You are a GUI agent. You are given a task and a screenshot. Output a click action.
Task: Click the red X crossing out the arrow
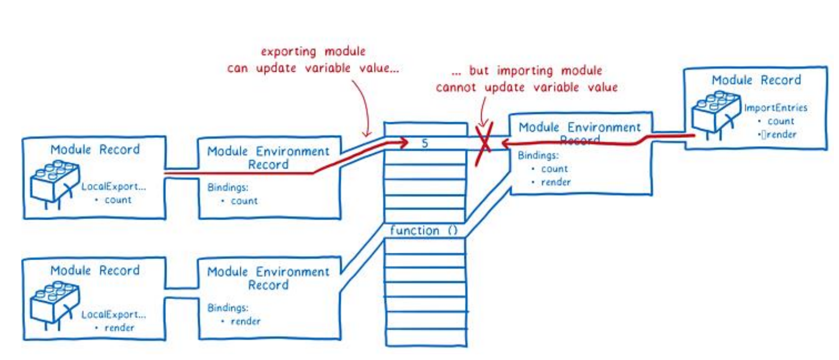[x=484, y=143]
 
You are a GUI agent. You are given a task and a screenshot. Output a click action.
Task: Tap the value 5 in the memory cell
[x=425, y=143]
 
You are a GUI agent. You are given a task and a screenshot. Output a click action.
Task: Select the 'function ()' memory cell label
[x=423, y=230]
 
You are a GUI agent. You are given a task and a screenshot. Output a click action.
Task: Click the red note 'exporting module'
[x=313, y=52]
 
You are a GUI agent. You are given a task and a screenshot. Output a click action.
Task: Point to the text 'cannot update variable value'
[x=526, y=87]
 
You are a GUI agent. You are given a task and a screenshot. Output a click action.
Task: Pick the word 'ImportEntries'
[x=775, y=108]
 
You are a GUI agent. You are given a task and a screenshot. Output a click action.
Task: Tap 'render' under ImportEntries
[x=781, y=134]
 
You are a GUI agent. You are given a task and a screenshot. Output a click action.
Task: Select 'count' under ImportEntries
[x=781, y=121]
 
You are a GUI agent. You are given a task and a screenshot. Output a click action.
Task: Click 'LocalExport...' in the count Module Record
[x=113, y=186]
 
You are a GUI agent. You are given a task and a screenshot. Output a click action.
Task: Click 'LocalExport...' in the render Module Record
[x=113, y=314]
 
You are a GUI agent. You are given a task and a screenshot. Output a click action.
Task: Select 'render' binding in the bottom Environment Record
[x=246, y=322]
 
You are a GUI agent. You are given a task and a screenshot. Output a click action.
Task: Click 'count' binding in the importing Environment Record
[x=554, y=169]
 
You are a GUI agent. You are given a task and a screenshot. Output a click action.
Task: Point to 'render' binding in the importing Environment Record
[x=556, y=182]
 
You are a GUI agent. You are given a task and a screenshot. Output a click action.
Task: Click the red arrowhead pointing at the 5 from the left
[x=404, y=143]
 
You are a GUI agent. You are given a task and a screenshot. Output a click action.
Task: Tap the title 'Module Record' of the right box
[x=756, y=80]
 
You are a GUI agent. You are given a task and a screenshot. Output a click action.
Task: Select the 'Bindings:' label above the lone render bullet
[x=227, y=307]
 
